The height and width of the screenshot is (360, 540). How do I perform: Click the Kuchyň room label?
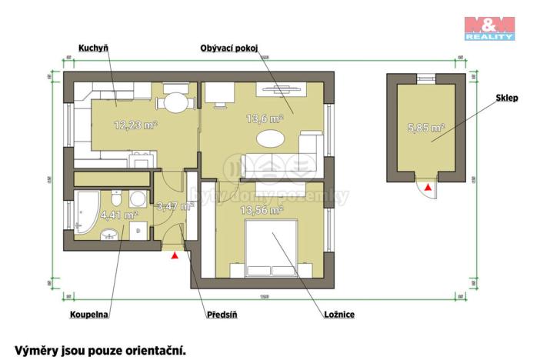click(x=92, y=47)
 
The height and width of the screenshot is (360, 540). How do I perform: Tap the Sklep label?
click(x=505, y=98)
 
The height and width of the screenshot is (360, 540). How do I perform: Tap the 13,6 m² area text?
click(x=265, y=118)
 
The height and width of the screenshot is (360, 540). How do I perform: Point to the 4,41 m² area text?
click(x=119, y=216)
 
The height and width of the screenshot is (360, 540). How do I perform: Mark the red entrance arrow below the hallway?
click(x=176, y=255)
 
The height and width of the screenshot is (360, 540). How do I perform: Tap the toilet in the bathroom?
click(x=136, y=199)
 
